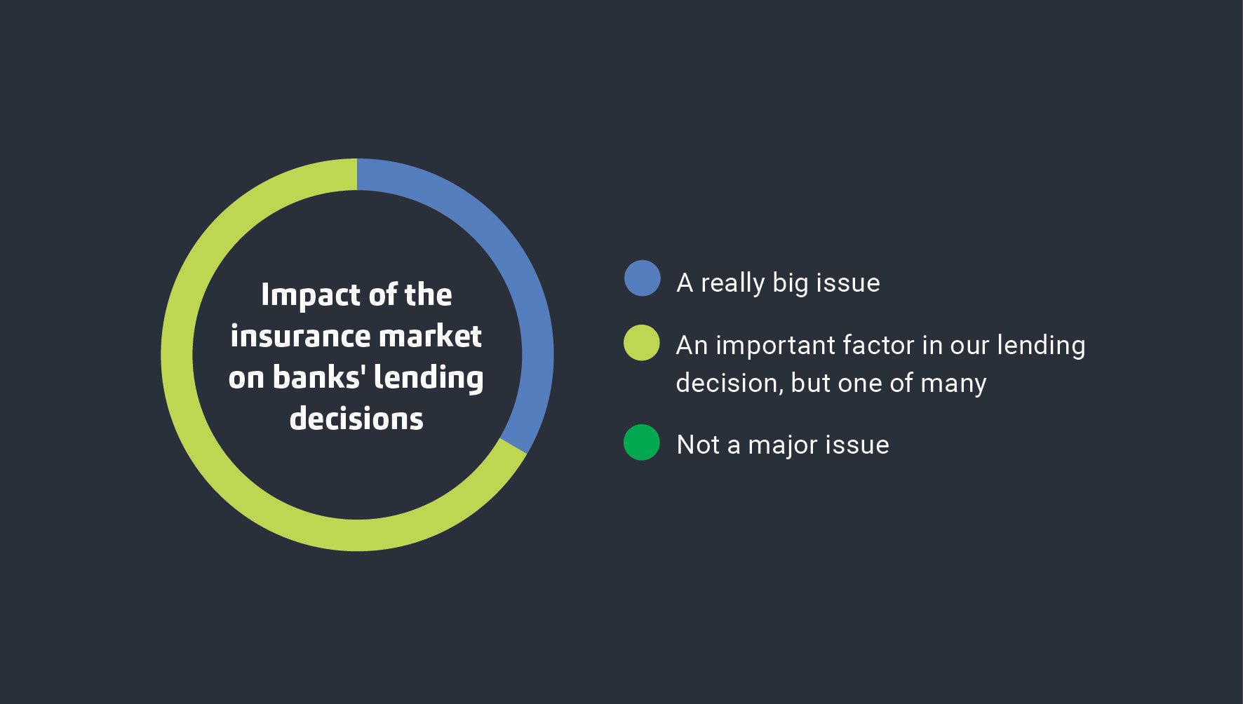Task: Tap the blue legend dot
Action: click(642, 278)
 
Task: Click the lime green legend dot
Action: click(642, 343)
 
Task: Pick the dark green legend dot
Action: click(642, 442)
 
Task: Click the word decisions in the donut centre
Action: click(356, 419)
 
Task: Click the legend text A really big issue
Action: click(778, 283)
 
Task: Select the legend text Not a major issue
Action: click(782, 445)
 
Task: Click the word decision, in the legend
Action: click(730, 383)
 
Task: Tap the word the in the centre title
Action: click(428, 295)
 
